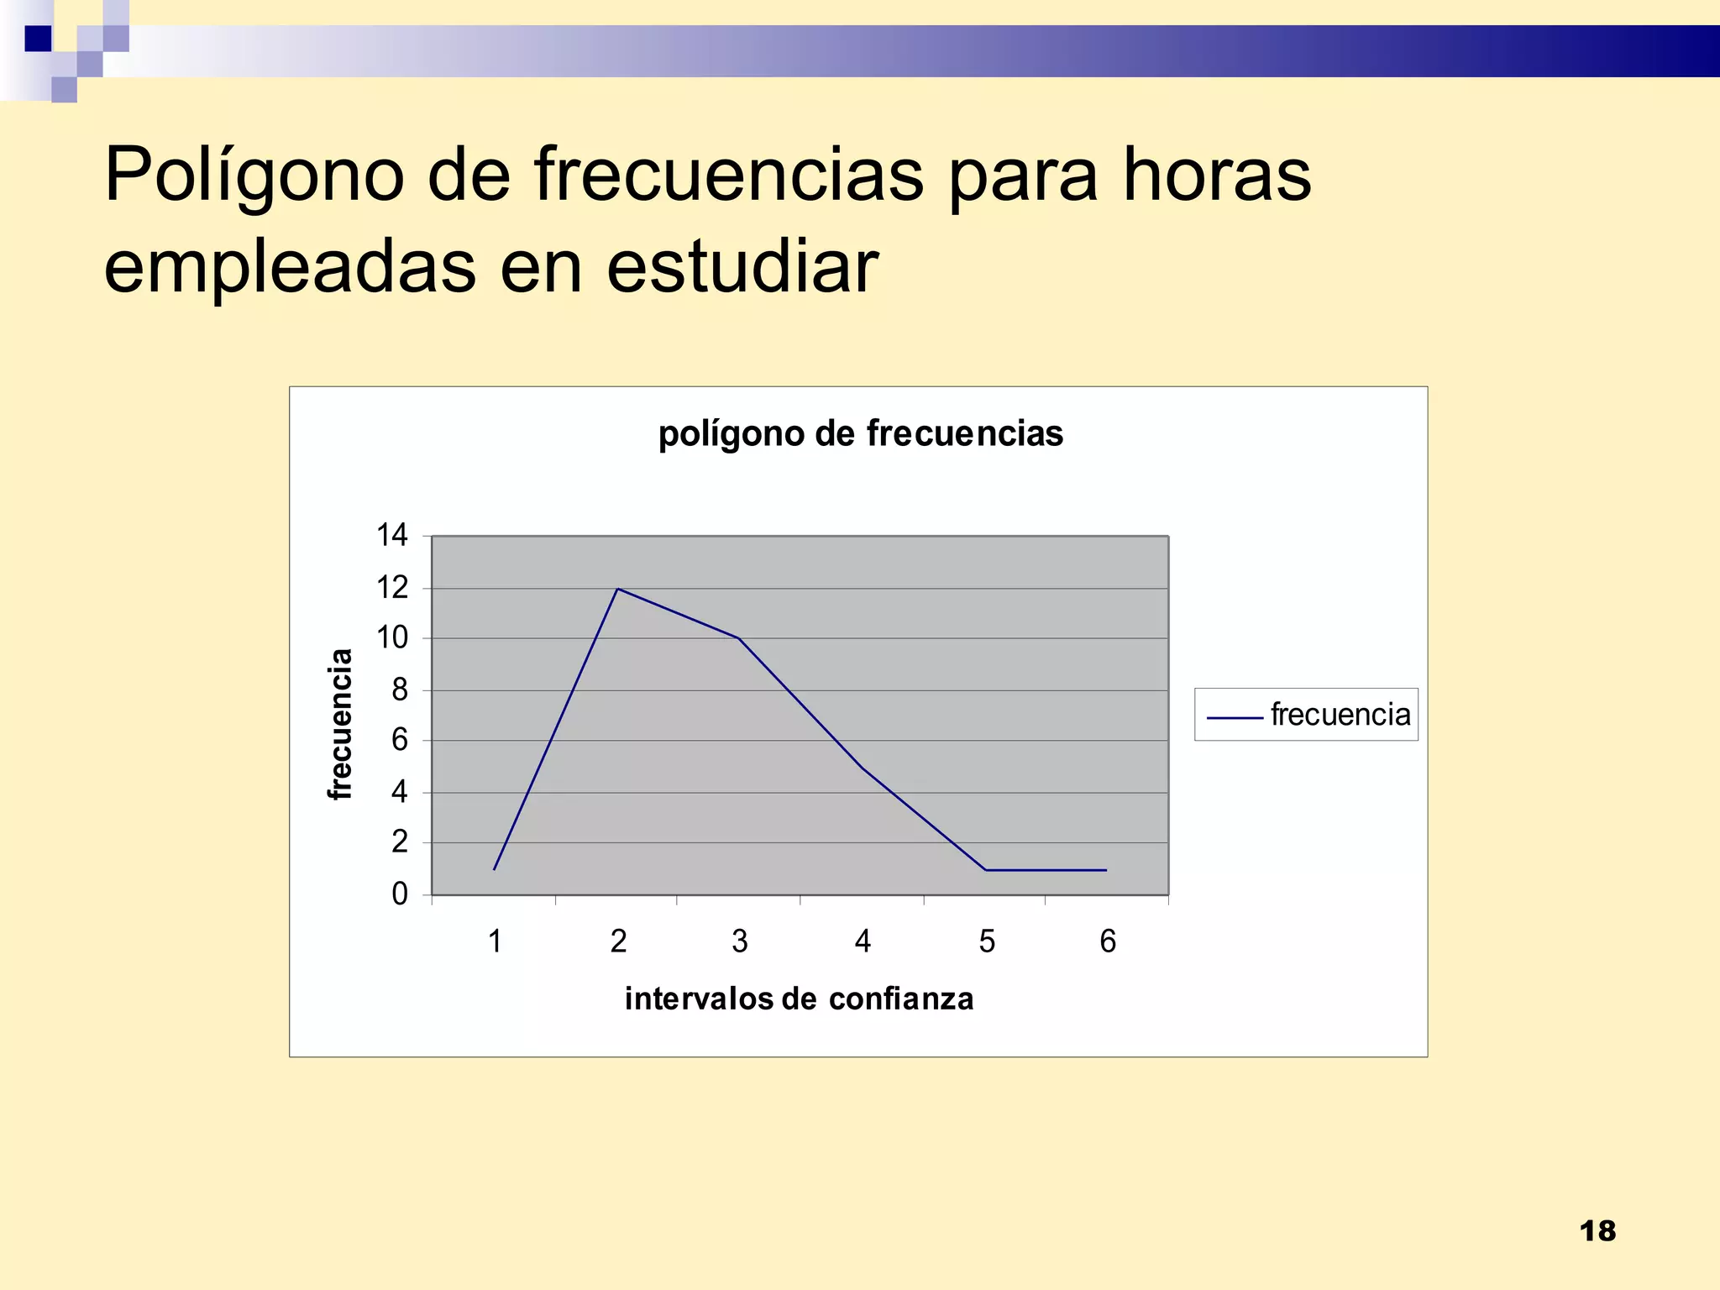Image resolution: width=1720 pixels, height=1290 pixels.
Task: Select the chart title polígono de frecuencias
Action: click(860, 434)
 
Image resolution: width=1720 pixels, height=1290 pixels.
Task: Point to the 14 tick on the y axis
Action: click(392, 535)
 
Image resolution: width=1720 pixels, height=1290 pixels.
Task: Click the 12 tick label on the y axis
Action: click(392, 588)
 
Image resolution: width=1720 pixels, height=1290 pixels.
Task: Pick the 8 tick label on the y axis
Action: click(400, 690)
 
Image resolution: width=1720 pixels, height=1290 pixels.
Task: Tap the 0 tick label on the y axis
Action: click(400, 894)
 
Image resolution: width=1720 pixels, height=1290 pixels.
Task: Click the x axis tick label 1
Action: click(495, 941)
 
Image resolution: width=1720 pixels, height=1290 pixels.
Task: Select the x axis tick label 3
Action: click(739, 941)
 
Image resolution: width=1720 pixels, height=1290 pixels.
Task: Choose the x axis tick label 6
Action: click(1108, 941)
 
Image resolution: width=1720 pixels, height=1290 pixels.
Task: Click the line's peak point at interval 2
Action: click(617, 589)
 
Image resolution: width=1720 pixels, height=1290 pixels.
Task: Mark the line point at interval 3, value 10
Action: click(739, 639)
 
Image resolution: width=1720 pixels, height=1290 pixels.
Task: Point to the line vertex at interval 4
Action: click(863, 768)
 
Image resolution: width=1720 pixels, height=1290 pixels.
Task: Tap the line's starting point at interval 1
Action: click(495, 869)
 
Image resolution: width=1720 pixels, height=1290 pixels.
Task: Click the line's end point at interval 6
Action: click(1106, 870)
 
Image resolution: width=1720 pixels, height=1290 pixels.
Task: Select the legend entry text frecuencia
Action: click(1340, 715)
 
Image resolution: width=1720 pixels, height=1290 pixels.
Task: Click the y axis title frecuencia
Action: click(340, 724)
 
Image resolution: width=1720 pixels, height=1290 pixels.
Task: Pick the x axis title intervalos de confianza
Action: click(799, 999)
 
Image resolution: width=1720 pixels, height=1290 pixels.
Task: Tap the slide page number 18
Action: click(1597, 1231)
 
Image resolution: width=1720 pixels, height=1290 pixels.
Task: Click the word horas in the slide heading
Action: click(1216, 176)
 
